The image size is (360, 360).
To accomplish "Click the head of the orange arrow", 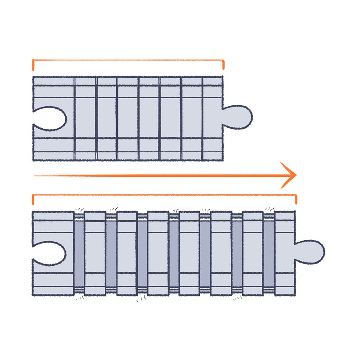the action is click(x=290, y=175).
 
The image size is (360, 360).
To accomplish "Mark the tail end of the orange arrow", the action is click(x=36, y=175).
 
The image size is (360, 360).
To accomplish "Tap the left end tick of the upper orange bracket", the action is click(x=33, y=66).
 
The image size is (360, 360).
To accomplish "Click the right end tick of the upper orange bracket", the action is click(x=223, y=65).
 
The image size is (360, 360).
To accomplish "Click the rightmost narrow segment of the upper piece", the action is click(x=213, y=118).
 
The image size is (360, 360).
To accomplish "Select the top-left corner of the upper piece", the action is click(x=34, y=78).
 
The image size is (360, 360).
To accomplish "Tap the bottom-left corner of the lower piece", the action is click(x=34, y=295).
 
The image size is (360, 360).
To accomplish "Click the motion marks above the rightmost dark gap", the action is click(x=270, y=208).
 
